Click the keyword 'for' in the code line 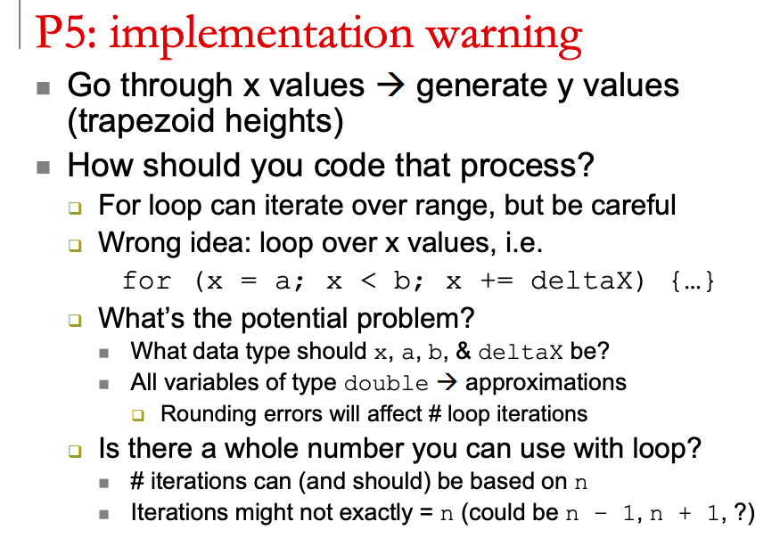click(x=147, y=281)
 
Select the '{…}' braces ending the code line click(x=692, y=281)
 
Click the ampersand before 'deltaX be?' click(x=464, y=352)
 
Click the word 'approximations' click(x=546, y=384)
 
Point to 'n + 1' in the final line click(x=690, y=514)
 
